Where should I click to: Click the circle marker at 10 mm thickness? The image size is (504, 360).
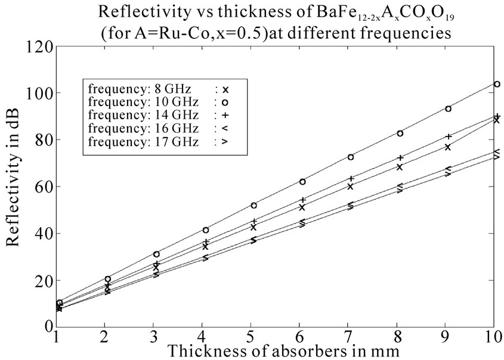(496, 84)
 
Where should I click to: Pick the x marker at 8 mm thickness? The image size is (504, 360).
(400, 167)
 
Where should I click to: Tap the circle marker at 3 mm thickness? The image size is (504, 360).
(156, 255)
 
